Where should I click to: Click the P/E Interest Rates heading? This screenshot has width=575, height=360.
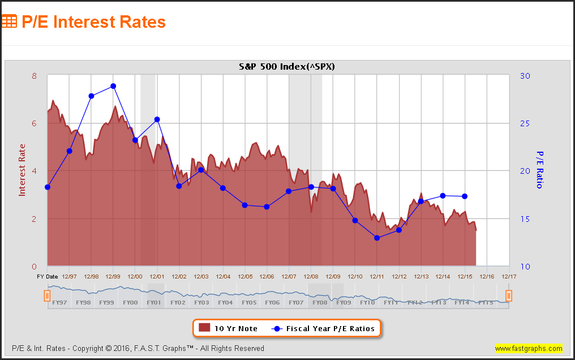pos(93,22)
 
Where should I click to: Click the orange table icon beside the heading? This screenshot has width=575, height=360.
pos(9,22)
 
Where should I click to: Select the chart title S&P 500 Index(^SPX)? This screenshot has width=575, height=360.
pos(287,67)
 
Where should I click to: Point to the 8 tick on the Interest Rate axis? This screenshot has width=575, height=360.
pos(35,76)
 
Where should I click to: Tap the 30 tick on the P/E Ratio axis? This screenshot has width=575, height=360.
pos(523,76)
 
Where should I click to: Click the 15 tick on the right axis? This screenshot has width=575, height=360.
pos(523,219)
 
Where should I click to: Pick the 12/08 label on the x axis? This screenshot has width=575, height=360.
pos(311,276)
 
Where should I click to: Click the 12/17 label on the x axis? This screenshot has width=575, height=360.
pos(509,276)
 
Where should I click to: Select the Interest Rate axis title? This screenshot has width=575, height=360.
pos(23,170)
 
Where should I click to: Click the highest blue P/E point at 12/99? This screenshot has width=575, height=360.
pos(113,86)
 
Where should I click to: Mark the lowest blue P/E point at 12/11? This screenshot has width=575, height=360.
pos(377,238)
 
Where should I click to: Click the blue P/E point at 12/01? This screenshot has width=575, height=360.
pos(157,119)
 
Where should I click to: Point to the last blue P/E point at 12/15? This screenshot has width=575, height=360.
pos(465,196)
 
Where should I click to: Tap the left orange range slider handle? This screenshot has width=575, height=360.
pos(48,295)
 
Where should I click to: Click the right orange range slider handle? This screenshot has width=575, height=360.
pos(509,295)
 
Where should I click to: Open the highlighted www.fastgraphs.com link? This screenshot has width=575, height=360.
pos(529,348)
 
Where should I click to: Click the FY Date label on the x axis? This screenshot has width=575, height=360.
pos(48,276)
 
